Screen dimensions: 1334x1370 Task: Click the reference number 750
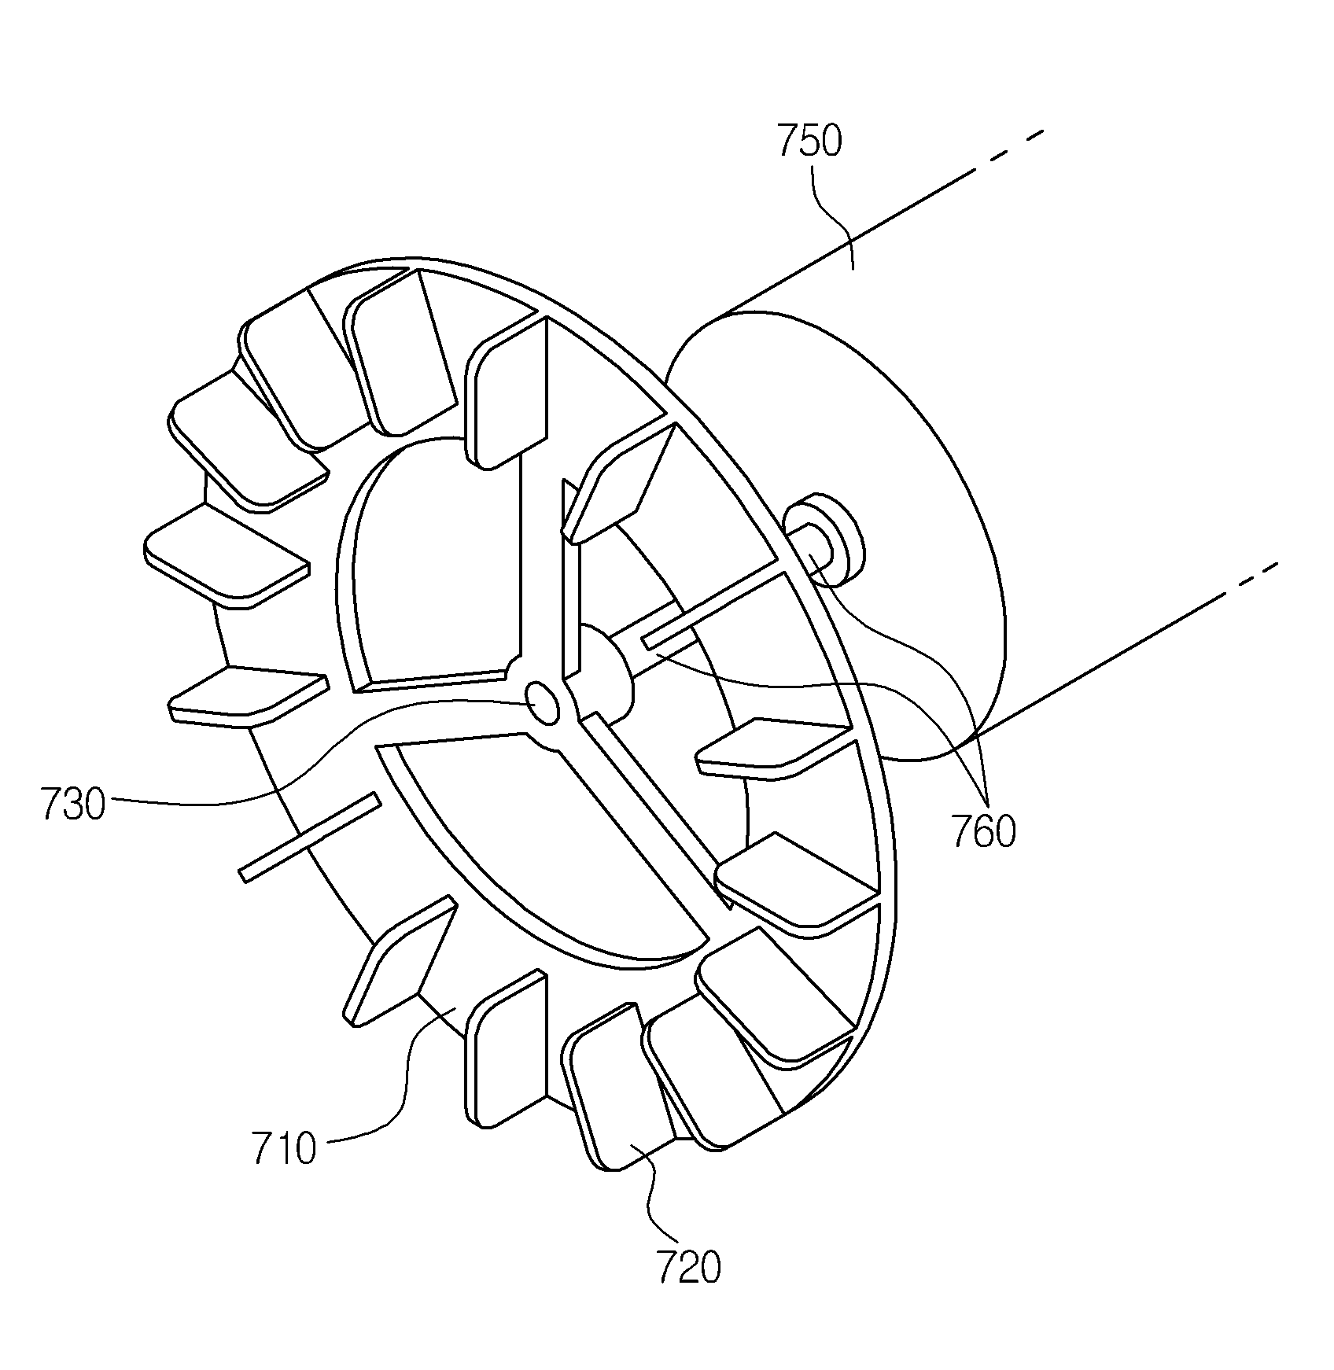click(x=809, y=142)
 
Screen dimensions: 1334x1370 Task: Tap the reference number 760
click(x=984, y=831)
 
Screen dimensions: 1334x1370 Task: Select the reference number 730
click(x=73, y=805)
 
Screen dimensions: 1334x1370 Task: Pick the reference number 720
click(x=687, y=1268)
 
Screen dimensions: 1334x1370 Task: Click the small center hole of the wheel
click(x=543, y=703)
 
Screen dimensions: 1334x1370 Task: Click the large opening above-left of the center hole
click(x=429, y=566)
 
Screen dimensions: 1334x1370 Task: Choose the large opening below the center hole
click(x=543, y=849)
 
